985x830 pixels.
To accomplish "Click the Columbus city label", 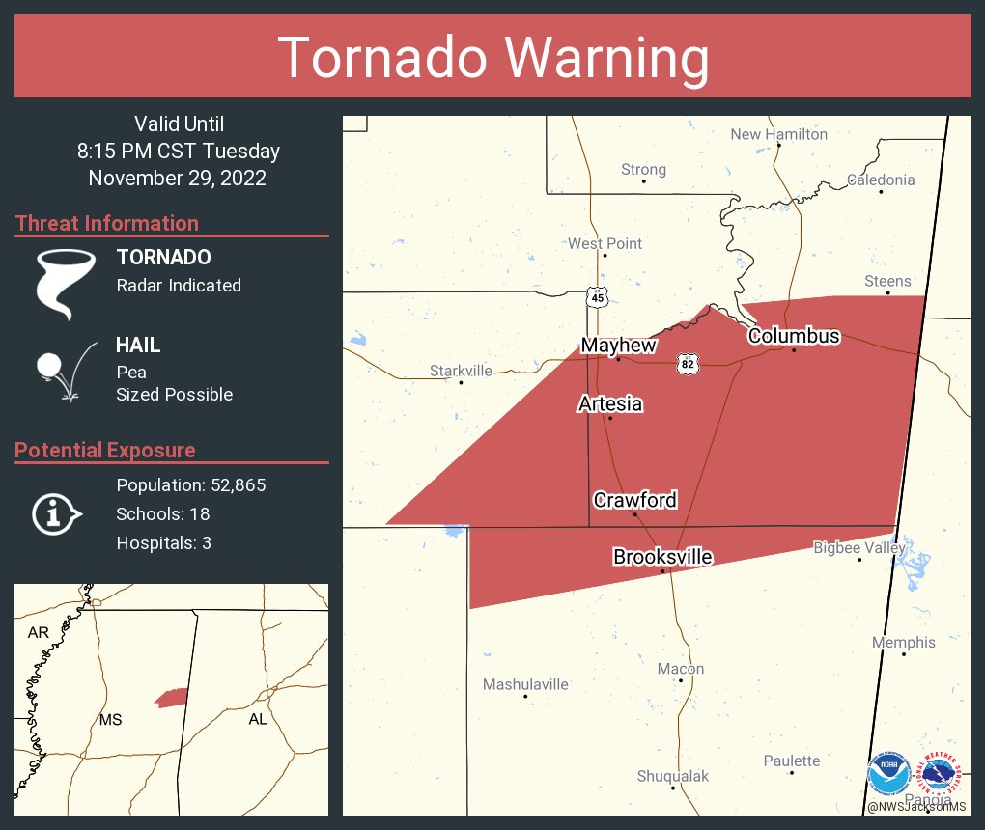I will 794,336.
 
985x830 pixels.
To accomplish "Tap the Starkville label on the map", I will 461,371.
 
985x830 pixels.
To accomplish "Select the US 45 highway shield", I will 598,297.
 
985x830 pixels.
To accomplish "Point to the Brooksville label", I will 662,557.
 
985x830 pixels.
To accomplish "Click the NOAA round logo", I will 887,775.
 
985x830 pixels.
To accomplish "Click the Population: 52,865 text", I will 191,484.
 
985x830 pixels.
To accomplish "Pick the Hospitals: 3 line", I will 163,543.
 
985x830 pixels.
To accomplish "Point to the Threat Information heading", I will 107,223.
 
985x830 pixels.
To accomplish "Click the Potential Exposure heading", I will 105,450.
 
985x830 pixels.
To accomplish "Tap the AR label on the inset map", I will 38,632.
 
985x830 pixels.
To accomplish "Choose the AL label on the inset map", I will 258,719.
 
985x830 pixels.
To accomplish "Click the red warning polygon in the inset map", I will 171,698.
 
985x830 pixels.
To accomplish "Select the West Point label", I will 605,243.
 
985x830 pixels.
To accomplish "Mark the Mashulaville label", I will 525,684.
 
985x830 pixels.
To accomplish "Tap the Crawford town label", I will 634,500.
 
